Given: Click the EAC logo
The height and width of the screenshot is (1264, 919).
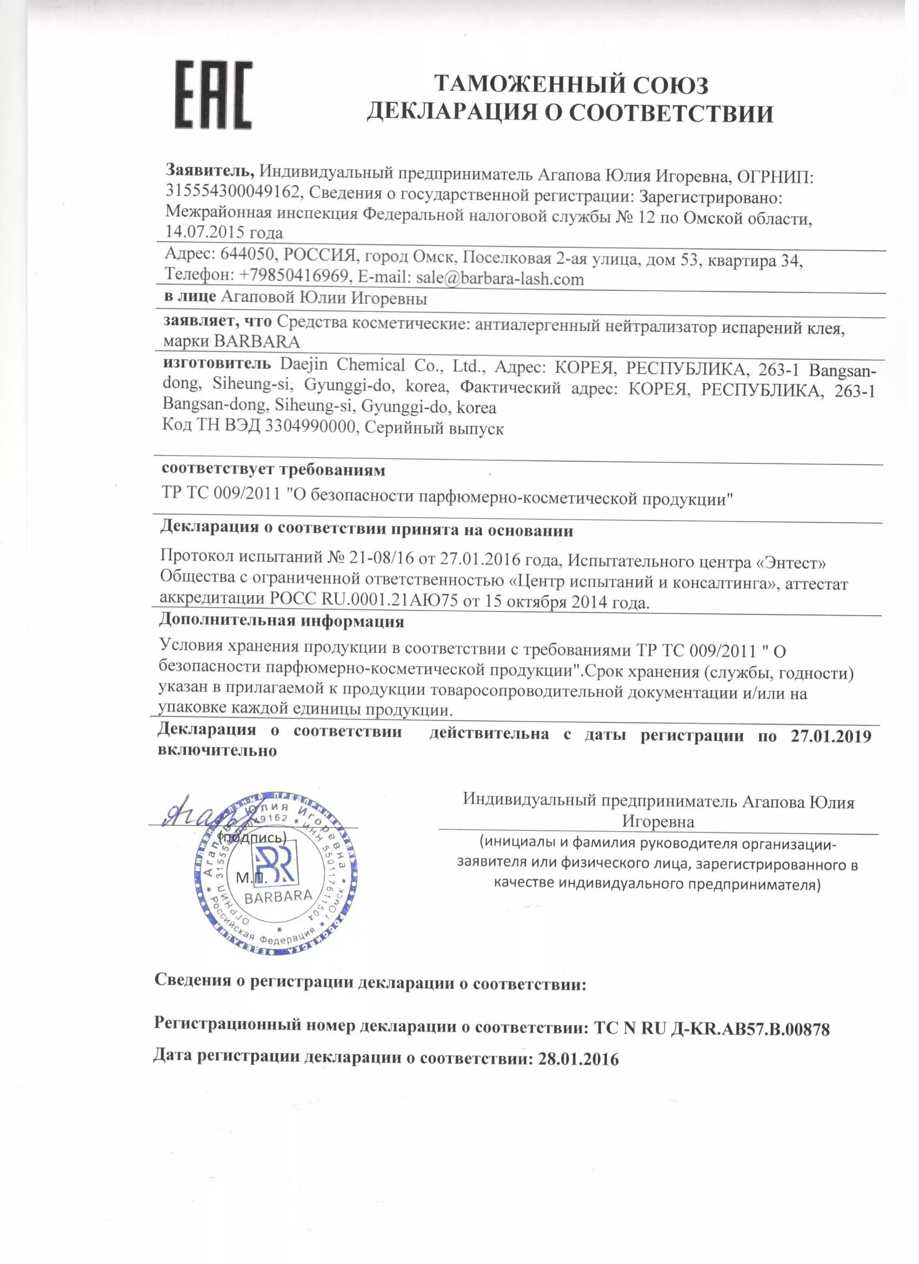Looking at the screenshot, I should pos(214,95).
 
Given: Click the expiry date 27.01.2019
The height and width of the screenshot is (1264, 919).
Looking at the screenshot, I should pos(830,736).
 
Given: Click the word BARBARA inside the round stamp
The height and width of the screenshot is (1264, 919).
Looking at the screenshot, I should pos(278,897).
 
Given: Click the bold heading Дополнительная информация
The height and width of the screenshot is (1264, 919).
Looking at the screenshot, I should pos(282,621).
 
